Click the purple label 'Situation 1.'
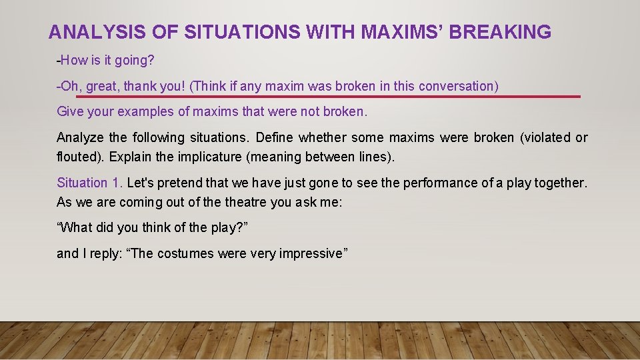(90, 183)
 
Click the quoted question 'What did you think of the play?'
(153, 227)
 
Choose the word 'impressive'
(310, 253)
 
